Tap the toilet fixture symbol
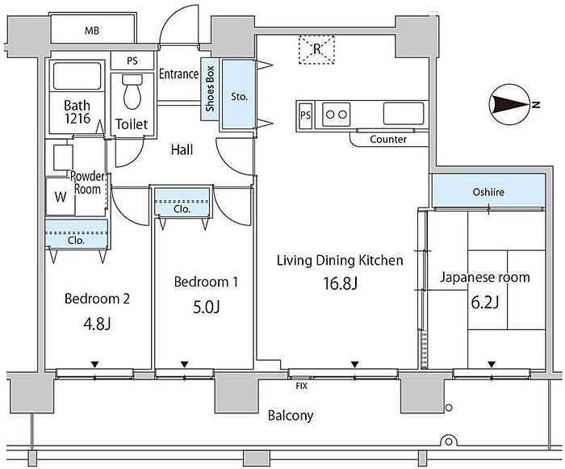132,92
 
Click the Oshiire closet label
487,192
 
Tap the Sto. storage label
239,95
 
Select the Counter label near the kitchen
388,139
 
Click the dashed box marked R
318,49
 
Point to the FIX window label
301,386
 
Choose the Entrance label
178,74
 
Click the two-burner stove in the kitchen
336,115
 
